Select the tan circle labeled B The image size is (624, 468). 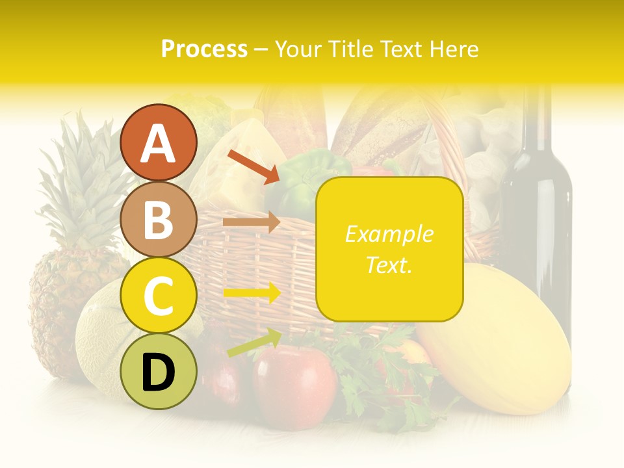point(158,219)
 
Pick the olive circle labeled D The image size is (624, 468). point(158,371)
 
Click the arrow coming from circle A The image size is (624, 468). point(253,166)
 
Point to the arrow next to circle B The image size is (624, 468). point(251,222)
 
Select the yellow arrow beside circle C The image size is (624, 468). point(252,292)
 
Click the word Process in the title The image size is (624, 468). point(204,49)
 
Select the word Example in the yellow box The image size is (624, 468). point(389,235)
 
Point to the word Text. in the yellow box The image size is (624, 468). point(389,265)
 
